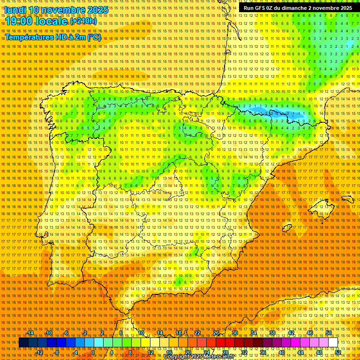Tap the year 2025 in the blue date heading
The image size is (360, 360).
point(97,9)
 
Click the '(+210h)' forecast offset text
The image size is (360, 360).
point(83,21)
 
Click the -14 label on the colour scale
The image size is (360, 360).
point(30,333)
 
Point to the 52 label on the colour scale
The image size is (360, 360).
point(338,352)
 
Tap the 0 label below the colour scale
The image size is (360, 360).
point(93,352)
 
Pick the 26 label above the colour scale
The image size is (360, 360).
point(216,333)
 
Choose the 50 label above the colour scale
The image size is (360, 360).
point(329,333)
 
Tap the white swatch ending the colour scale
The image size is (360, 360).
point(333,343)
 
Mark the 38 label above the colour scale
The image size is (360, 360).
point(272,333)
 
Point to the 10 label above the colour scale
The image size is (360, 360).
point(141,333)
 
